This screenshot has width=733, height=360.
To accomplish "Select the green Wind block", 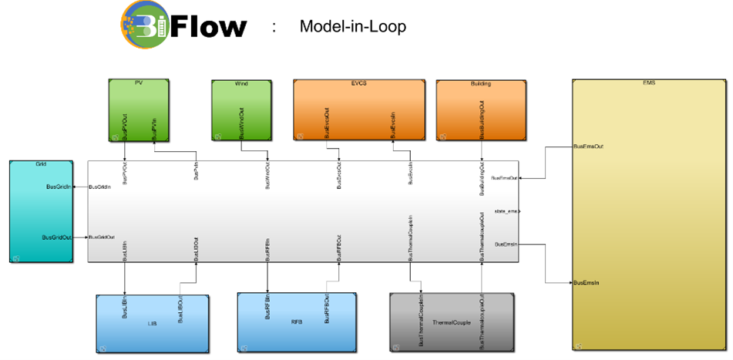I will (x=241, y=109).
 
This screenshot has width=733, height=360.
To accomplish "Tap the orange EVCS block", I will (x=358, y=109).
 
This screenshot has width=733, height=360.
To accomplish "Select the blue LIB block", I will (x=152, y=322).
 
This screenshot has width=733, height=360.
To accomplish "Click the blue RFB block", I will (x=297, y=320).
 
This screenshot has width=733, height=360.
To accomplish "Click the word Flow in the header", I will (x=208, y=28).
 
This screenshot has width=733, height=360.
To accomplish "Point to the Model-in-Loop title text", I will (x=352, y=27).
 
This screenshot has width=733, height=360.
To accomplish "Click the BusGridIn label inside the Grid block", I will (x=59, y=187).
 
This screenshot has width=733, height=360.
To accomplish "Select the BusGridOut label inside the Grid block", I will (x=57, y=237).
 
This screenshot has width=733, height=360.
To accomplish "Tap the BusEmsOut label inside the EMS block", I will (x=589, y=145).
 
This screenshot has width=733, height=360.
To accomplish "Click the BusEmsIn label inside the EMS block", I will (x=587, y=283).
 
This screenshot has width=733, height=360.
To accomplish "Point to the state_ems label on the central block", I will (x=506, y=210).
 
